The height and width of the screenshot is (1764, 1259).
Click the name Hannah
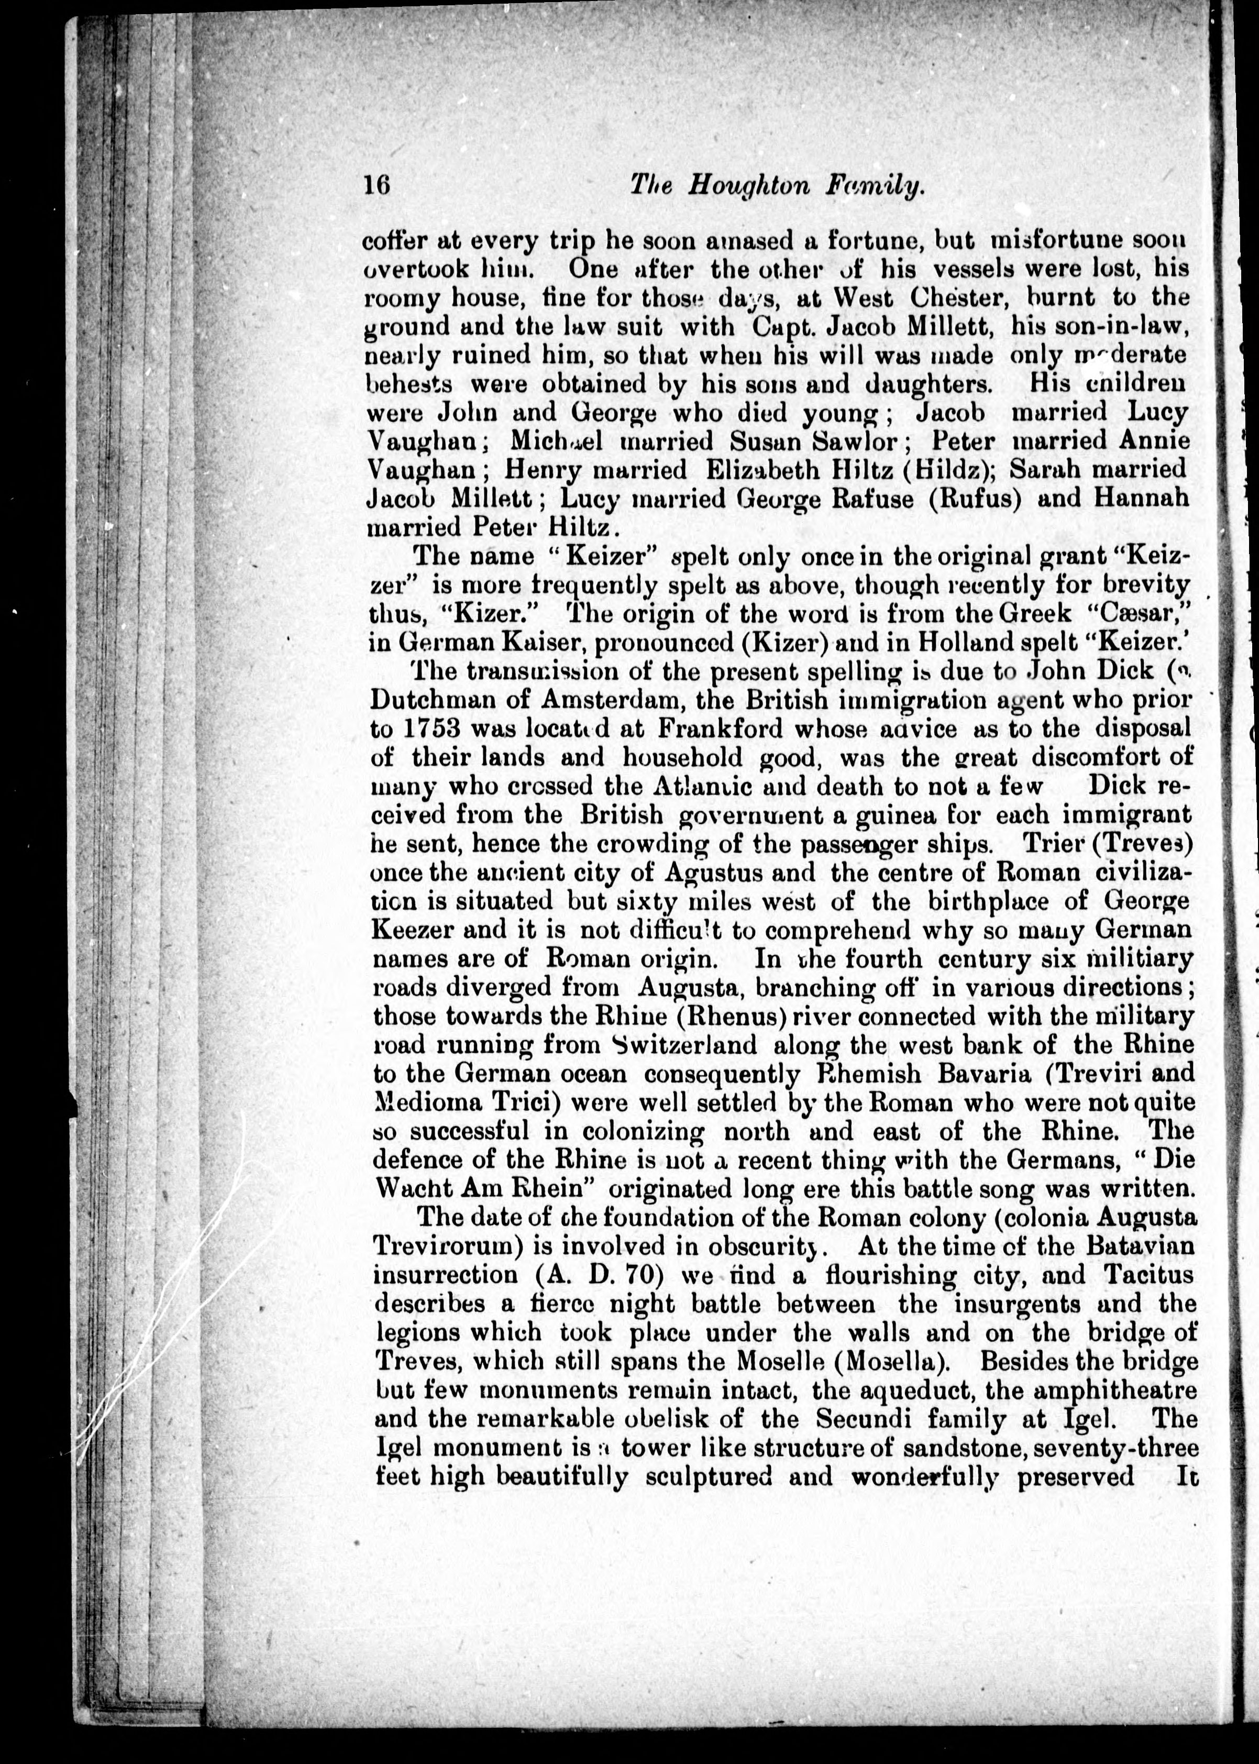click(x=1141, y=498)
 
